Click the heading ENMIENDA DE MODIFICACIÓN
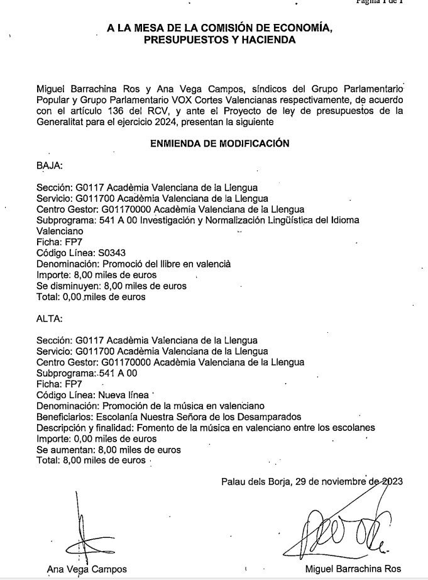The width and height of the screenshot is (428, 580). [x=219, y=143]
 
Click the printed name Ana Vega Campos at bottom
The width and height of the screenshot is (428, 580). [x=87, y=569]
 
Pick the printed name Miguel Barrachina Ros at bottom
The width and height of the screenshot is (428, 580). [x=353, y=569]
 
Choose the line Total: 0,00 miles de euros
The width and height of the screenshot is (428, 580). [x=91, y=296]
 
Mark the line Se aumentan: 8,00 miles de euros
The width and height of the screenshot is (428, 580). [x=108, y=450]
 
